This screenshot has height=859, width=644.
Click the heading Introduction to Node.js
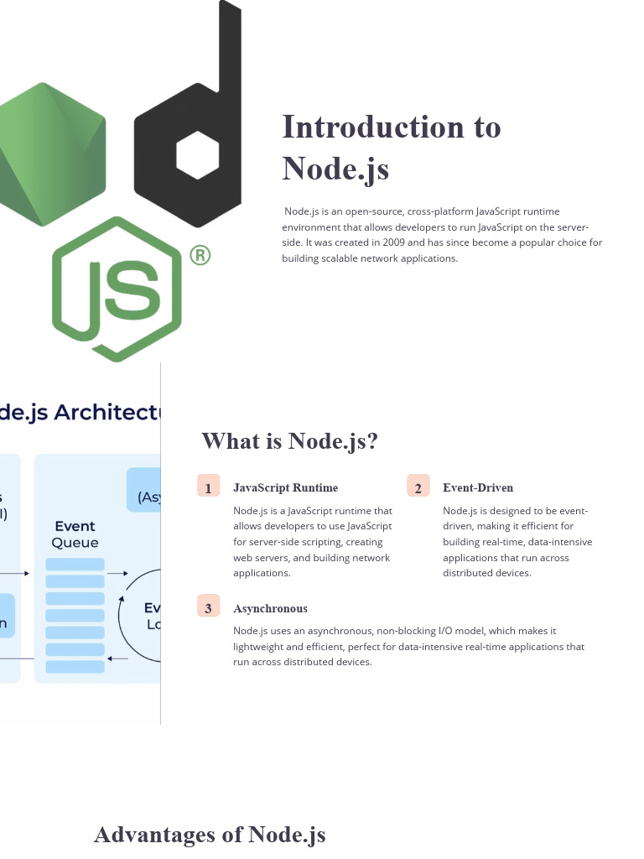pos(392,147)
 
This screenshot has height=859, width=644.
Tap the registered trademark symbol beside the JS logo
pos(199,255)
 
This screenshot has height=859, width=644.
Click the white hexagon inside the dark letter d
pos(198,155)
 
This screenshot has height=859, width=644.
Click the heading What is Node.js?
pos(289,440)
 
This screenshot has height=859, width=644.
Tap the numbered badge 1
pos(208,487)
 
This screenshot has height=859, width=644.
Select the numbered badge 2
pos(418,487)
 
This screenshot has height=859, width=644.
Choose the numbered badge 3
pos(208,608)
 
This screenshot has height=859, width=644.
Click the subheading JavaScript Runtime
pos(285,487)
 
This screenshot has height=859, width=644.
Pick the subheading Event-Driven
pos(478,487)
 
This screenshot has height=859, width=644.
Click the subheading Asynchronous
pos(270,608)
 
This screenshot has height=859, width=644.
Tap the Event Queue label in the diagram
pos(75,534)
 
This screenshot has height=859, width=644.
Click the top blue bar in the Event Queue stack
pos(75,565)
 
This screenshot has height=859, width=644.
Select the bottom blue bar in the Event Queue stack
pos(75,667)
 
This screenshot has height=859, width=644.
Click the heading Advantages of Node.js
pos(210,835)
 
